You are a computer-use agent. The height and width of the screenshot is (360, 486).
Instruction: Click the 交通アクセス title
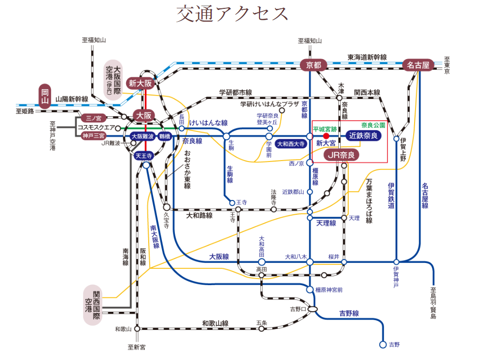232,14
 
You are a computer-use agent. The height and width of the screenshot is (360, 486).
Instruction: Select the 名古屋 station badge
419,65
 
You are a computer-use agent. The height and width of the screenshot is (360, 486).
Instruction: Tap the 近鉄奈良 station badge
363,135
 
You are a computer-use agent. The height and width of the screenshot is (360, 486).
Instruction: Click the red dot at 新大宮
326,135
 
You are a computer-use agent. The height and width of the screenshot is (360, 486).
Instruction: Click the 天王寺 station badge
143,156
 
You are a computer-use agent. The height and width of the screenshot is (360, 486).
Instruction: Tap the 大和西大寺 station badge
291,144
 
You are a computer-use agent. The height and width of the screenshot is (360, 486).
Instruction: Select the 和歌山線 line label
215,324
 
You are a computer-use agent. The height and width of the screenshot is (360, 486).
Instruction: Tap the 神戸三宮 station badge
93,136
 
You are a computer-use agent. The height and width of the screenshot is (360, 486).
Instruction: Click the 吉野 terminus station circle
383,345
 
